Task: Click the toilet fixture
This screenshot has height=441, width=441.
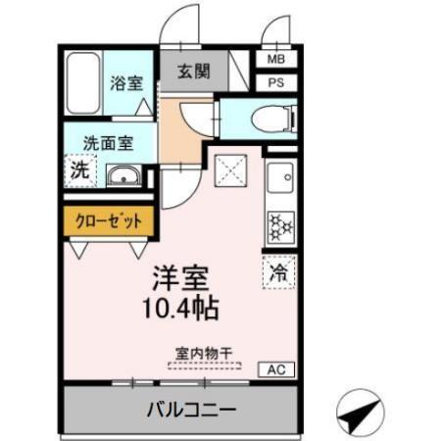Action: (271, 120)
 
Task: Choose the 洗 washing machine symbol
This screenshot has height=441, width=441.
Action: (79, 170)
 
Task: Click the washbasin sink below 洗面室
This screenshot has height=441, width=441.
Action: (123, 177)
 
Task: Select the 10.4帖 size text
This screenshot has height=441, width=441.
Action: (177, 307)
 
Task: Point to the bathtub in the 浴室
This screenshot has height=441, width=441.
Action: (83, 83)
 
